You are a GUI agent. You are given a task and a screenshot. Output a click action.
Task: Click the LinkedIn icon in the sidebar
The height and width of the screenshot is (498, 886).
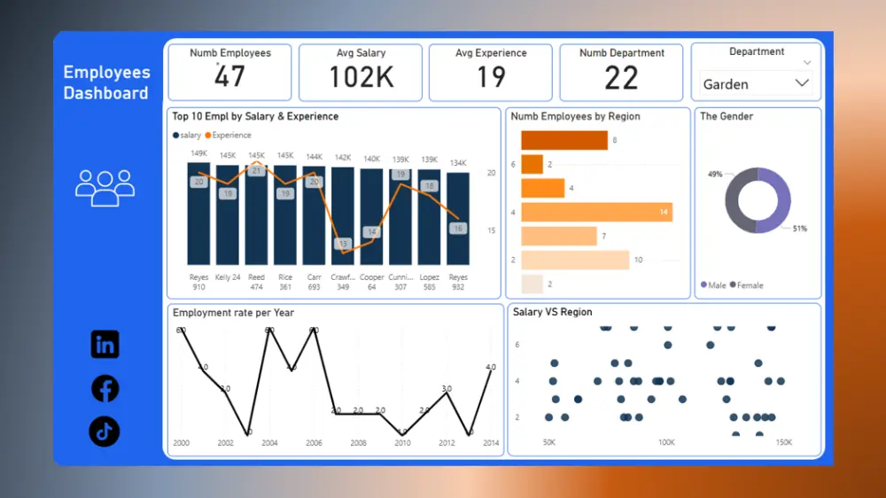105,345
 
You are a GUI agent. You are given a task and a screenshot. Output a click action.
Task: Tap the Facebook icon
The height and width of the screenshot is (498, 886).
105,388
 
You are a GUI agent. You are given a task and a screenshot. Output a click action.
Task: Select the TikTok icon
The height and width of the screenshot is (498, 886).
105,432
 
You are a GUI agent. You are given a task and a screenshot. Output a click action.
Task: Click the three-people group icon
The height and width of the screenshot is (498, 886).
105,187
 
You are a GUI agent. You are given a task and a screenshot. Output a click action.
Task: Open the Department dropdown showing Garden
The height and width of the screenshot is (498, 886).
756,84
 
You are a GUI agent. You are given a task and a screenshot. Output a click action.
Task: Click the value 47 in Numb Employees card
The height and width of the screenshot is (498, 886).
229,77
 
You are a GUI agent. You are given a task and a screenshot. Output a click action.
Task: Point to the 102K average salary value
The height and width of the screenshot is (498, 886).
361,78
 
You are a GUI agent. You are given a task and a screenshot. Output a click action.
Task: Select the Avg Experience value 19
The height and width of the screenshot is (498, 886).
491,78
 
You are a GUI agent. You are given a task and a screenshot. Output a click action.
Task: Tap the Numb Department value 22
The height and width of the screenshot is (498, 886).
621,78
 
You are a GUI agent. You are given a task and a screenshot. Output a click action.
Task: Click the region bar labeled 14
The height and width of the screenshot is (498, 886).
595,212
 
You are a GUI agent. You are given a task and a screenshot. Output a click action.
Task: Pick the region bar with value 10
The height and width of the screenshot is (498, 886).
574,260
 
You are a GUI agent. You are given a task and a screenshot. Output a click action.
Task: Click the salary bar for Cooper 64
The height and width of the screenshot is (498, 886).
371,216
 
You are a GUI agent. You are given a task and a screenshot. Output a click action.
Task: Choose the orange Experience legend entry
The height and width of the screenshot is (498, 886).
229,136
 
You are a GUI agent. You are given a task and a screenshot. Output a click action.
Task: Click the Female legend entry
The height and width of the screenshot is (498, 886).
746,285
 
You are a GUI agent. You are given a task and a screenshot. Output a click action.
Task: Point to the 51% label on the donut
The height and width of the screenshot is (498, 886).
799,229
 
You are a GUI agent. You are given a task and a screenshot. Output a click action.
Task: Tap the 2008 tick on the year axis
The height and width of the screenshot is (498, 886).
358,443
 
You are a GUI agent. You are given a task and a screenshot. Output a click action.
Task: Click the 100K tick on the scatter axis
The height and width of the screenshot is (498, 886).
666,442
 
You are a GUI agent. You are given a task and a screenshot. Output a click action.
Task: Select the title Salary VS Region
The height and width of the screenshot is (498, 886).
552,313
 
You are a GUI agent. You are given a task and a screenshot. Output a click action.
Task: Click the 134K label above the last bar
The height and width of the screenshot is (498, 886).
458,163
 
